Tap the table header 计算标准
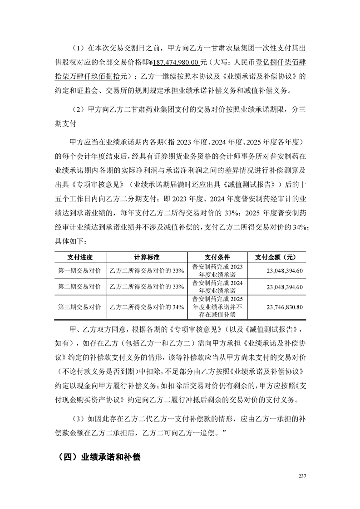[x=147, y=257]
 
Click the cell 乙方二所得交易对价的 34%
[x=147, y=307]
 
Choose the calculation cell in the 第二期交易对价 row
[x=147, y=287]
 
